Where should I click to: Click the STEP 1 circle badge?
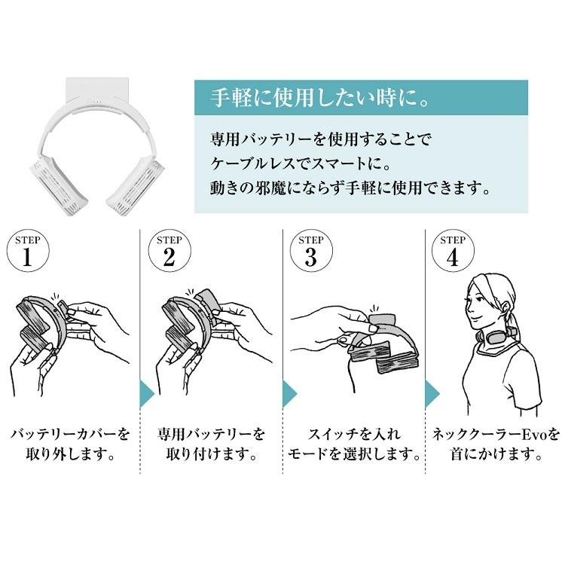[28, 252]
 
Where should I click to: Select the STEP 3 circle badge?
[310, 252]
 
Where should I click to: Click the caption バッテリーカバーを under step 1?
[70, 435]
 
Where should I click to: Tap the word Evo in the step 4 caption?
[531, 435]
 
